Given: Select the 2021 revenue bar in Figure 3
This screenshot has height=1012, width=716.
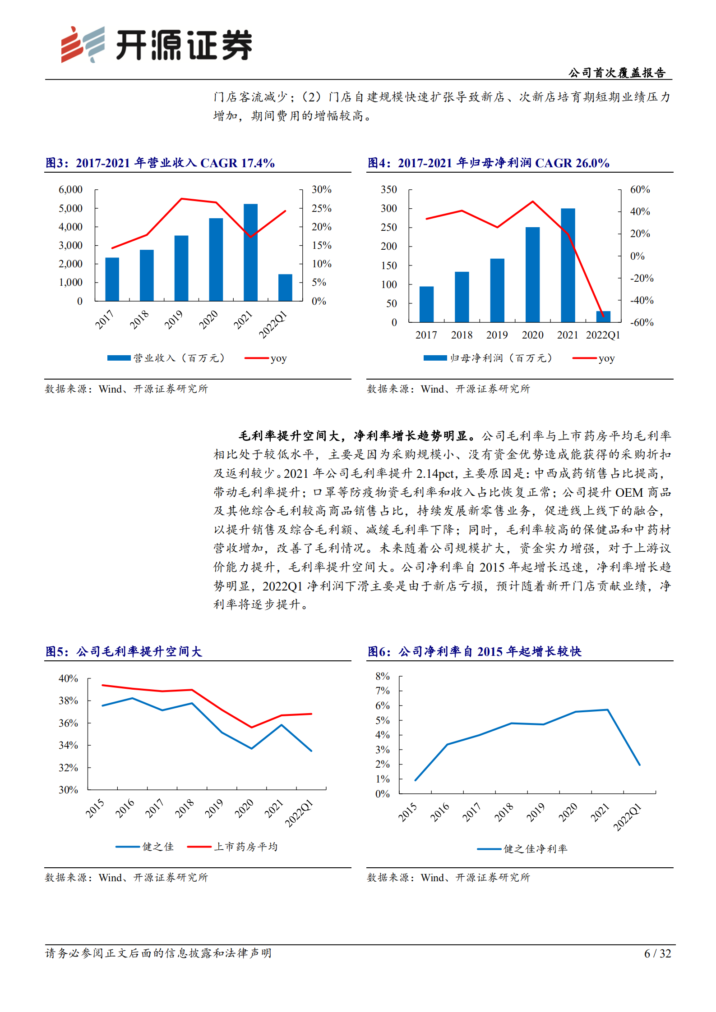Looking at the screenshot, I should tap(250, 252).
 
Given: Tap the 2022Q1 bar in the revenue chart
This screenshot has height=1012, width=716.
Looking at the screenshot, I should tap(285, 288).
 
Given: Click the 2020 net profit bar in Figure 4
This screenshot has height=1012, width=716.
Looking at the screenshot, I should tap(532, 275).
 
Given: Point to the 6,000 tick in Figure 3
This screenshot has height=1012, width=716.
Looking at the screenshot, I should tap(70, 190).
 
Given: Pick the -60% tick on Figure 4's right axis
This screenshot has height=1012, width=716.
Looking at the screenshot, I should tap(642, 323).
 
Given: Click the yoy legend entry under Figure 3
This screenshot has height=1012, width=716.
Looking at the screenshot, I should tap(266, 358).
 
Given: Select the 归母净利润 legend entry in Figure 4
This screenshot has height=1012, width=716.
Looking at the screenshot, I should tap(487, 358).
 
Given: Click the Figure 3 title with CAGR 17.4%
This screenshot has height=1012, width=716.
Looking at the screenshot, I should tap(160, 163).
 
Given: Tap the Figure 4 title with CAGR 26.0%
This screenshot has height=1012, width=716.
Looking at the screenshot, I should tap(489, 163).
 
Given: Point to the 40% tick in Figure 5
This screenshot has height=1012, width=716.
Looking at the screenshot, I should tap(68, 679).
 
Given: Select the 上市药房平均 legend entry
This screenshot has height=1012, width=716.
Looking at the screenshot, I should tap(232, 847).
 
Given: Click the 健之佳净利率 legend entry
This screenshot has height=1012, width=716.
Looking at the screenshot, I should tap(522, 849).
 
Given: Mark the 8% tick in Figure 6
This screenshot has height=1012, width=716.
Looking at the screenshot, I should tap(382, 676).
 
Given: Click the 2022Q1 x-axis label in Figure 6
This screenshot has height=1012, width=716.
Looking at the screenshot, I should tap(627, 817).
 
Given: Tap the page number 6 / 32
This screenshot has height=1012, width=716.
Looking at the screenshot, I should tap(657, 953).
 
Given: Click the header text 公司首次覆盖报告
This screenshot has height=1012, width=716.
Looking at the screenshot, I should tap(617, 73).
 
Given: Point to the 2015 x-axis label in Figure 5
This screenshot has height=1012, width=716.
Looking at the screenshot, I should tap(95, 808).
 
